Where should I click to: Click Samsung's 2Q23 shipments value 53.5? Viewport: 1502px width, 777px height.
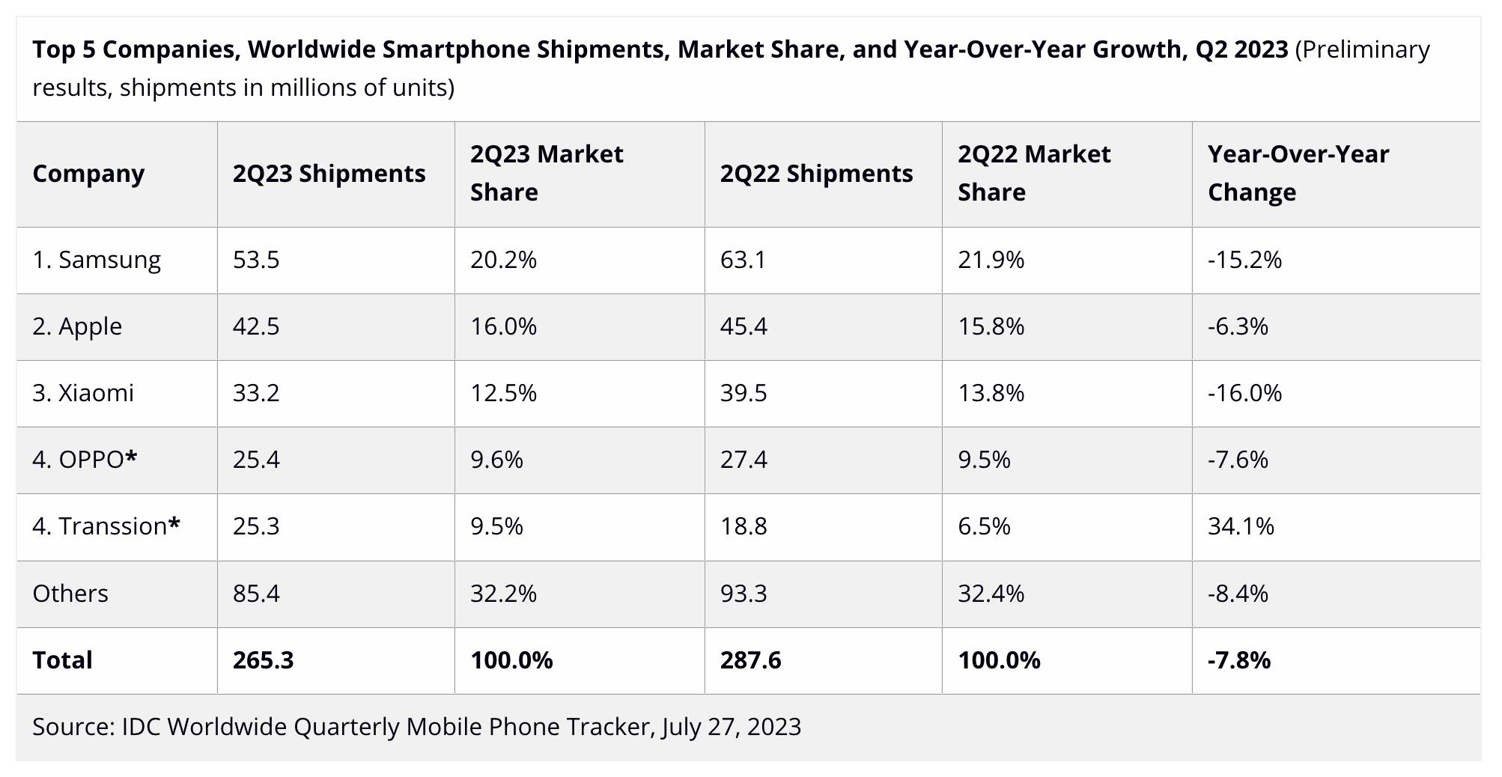click(256, 260)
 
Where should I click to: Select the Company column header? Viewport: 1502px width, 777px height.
click(88, 174)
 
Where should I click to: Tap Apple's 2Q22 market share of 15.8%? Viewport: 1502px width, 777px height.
click(991, 326)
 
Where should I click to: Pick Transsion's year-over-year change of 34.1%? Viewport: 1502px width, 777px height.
click(1241, 526)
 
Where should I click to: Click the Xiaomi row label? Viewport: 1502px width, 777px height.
click(83, 393)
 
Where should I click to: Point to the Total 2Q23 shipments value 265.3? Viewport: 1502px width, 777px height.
click(263, 660)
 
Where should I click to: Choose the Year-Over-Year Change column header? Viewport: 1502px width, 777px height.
click(1298, 173)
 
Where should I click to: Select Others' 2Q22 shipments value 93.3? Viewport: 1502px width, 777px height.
click(744, 594)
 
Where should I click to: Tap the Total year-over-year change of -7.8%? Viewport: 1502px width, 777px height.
click(1238, 660)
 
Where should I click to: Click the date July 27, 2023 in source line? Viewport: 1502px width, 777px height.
click(731, 727)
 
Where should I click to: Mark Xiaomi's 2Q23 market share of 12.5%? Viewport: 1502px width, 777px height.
click(503, 393)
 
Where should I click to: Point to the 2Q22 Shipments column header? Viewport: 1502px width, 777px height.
click(816, 174)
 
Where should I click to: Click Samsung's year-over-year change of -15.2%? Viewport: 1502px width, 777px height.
click(1244, 260)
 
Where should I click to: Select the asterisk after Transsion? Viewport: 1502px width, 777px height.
click(174, 524)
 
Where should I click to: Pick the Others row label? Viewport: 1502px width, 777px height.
click(70, 594)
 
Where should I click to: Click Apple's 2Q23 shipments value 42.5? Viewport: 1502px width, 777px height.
click(256, 326)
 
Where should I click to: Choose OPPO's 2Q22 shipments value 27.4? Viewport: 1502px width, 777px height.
click(744, 460)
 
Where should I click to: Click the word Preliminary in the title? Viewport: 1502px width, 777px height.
click(1363, 49)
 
